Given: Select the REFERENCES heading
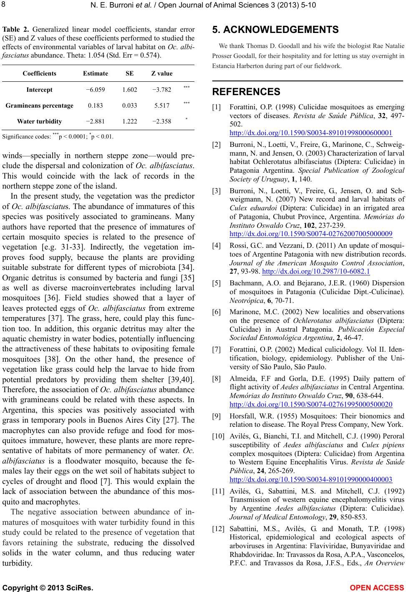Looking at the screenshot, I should [x=246, y=92].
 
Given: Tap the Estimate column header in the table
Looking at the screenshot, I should [x=95, y=73].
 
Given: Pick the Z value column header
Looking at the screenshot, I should [x=161, y=73].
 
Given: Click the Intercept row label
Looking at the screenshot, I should [x=40, y=90].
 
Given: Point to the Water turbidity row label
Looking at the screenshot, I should [x=39, y=121].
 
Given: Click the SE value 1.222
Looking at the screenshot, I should [x=130, y=121].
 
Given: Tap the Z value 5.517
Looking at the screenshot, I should [x=161, y=106].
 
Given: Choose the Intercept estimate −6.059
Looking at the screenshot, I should [x=96, y=90].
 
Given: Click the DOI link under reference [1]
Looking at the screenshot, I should [x=311, y=133].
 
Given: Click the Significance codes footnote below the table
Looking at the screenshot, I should [x=58, y=136].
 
